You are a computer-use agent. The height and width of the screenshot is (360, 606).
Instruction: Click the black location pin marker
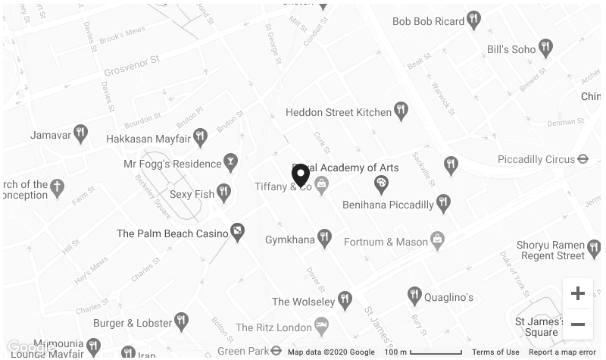(x=301, y=174)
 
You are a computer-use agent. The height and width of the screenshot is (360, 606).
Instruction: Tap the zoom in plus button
(x=577, y=293)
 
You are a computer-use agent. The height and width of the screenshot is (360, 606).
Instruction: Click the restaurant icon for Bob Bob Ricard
(x=473, y=20)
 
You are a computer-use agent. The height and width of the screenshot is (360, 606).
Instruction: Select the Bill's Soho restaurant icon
(x=545, y=49)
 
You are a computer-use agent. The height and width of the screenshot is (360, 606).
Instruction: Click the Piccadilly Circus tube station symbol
(x=583, y=159)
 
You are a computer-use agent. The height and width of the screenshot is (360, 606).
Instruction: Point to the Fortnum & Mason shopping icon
(x=437, y=241)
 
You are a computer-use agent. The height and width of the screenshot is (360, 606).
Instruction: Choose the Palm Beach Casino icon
(x=238, y=233)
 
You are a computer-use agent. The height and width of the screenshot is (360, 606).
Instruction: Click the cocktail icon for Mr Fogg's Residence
(x=230, y=162)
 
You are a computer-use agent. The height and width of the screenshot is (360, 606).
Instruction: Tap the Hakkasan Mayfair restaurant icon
(x=200, y=137)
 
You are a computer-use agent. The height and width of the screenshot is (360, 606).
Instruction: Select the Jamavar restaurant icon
(x=80, y=134)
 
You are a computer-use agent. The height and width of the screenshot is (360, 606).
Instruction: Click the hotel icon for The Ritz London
(x=322, y=327)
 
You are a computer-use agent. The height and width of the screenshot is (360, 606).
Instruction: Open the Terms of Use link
(x=495, y=352)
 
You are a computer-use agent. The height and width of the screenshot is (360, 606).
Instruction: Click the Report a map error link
(x=562, y=352)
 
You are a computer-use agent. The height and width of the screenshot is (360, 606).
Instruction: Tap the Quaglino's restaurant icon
(x=414, y=296)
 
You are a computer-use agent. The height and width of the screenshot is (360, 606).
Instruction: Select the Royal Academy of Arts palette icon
(x=382, y=183)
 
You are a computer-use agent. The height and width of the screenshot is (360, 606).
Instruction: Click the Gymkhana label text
(x=289, y=240)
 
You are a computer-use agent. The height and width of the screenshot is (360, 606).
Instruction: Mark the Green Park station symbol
(x=276, y=351)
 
